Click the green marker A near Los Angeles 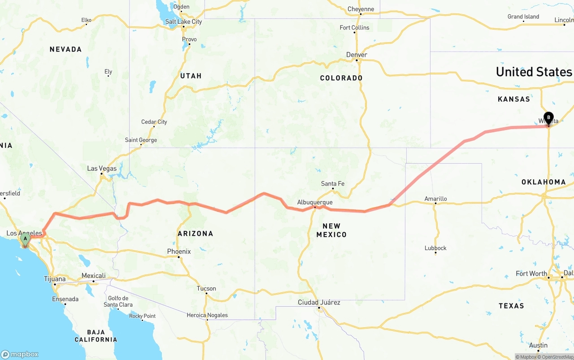(26, 239)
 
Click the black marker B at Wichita (548, 117)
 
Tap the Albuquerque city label (315, 203)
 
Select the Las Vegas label (102, 169)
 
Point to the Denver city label (357, 55)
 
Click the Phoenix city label (179, 252)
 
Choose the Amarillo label (435, 199)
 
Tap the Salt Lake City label (183, 22)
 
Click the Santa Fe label (333, 184)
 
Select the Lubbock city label (435, 248)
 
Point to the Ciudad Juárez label (319, 303)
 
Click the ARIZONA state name (195, 234)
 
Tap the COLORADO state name (341, 78)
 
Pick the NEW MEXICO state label (331, 230)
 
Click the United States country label (534, 72)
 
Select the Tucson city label (206, 289)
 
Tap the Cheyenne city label (361, 9)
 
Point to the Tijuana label (55, 279)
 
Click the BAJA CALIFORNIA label (96, 336)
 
